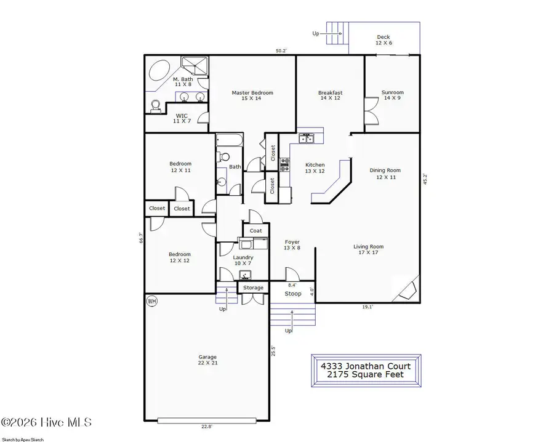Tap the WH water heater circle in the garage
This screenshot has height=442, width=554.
click(x=151, y=301)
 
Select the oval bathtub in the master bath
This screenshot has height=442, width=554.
click(x=161, y=71)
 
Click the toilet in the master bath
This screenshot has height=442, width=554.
click(x=156, y=106)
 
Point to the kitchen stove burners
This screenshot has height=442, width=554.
click(x=285, y=163)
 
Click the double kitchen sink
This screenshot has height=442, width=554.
click(x=307, y=139)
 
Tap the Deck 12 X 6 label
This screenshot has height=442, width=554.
click(x=383, y=41)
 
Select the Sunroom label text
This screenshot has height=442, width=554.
click(x=393, y=93)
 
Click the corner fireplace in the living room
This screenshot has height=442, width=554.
click(x=407, y=289)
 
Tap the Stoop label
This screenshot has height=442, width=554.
click(x=293, y=294)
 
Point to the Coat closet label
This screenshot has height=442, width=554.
click(x=256, y=231)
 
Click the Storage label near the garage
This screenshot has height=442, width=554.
click(x=253, y=287)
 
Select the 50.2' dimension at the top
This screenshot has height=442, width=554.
click(x=283, y=51)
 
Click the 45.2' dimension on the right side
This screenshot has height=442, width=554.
click(x=424, y=179)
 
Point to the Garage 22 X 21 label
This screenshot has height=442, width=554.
click(x=207, y=360)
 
